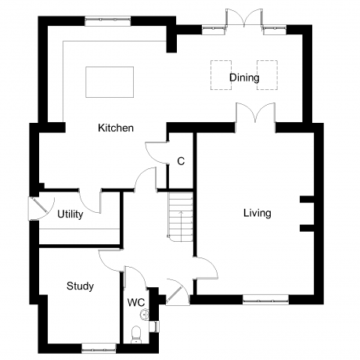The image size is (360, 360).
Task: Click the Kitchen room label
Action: [116, 128]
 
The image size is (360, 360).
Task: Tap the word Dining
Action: [244, 77]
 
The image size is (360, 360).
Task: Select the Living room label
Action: [257, 213]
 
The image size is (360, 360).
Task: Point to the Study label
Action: [80, 286]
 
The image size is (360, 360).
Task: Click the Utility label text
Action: [70, 214]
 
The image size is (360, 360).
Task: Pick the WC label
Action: [136, 303]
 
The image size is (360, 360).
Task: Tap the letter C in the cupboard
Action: [181, 161]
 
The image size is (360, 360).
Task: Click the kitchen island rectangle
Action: [110, 82]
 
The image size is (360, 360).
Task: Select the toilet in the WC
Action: [135, 335]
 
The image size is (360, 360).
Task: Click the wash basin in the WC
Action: [144, 314]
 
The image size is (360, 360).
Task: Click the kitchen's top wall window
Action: [107, 21]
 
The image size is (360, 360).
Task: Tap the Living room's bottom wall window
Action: [265, 300]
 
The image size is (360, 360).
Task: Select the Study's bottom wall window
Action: [99, 348]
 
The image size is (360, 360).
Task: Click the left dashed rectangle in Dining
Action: [221, 75]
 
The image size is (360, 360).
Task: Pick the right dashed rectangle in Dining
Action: [267, 75]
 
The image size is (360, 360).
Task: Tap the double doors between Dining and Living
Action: [255, 113]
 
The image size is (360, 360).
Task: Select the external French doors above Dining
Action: [244, 18]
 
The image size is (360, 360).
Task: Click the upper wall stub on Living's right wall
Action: [307, 200]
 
